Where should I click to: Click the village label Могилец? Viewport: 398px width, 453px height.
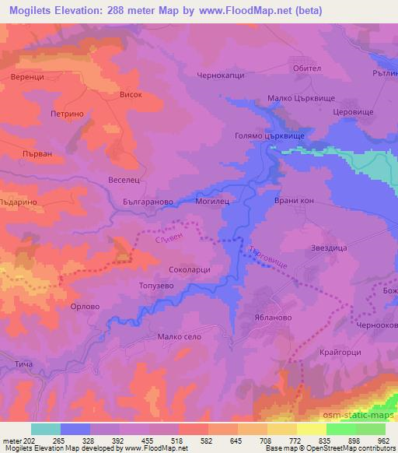coord(211,200)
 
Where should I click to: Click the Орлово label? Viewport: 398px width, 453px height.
coord(85,307)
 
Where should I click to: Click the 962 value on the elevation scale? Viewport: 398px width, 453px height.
coord(383,440)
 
